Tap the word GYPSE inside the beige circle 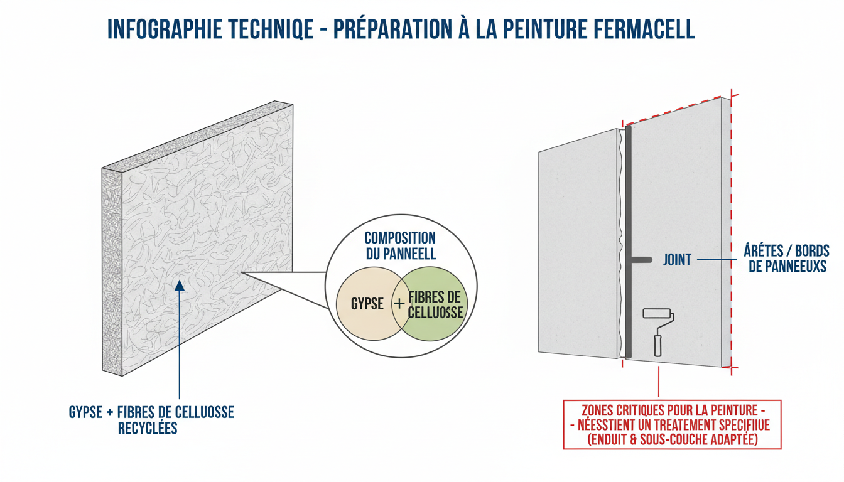point(367,304)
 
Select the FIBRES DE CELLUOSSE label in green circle point(435,304)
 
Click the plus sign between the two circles point(399,304)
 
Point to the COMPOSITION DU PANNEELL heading point(400,247)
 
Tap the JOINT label point(676,259)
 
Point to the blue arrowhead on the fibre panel point(180,286)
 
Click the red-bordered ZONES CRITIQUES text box point(672,425)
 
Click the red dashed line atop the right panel point(678,110)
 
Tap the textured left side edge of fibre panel point(111,270)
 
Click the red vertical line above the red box point(658,383)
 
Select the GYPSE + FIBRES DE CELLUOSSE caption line point(151,413)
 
